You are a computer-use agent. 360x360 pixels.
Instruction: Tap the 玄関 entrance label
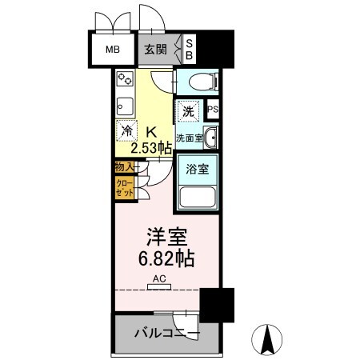point(155,50)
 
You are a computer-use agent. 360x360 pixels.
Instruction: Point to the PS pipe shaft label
point(213,110)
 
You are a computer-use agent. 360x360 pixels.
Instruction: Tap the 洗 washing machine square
point(186,112)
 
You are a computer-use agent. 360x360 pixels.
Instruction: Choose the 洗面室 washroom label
point(188,138)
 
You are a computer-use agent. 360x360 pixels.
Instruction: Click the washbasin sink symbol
point(210,138)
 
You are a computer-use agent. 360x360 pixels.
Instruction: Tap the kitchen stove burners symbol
point(125,79)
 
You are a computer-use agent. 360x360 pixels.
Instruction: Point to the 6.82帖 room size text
point(167,259)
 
